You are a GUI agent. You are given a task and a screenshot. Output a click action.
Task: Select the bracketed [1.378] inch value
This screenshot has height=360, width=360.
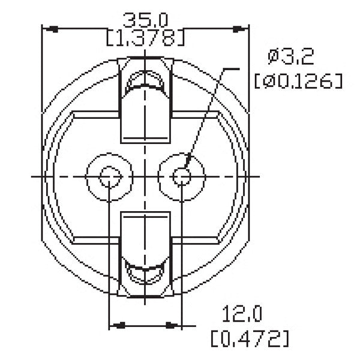tap(145, 38)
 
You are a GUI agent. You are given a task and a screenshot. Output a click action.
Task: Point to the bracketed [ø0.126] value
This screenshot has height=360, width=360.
tap(298, 80)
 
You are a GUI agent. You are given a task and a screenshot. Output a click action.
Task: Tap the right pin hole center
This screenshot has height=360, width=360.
tap(181, 176)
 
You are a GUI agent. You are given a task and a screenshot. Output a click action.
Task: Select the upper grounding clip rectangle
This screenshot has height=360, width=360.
tap(145, 114)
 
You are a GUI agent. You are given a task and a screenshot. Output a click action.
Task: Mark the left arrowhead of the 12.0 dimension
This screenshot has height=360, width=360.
tap(116, 326)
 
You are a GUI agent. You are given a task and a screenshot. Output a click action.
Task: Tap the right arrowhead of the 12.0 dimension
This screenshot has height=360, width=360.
tap(174, 326)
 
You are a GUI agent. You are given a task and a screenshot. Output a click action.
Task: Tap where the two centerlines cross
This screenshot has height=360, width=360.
tap(145, 176)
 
